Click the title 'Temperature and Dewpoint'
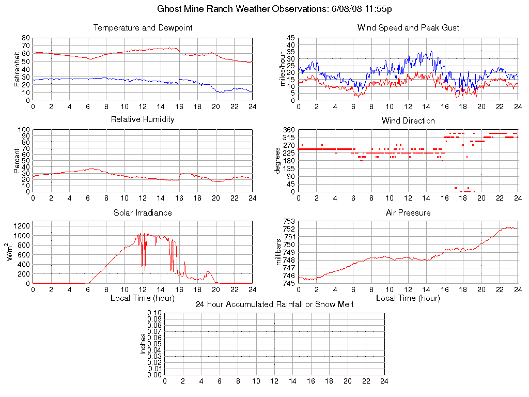[x=143, y=28]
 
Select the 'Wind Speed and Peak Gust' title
[x=408, y=28]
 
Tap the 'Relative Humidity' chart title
[x=143, y=119]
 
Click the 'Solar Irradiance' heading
[x=143, y=213]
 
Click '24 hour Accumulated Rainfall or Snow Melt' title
[x=274, y=304]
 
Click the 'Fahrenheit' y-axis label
[x=17, y=69]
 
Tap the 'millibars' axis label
[x=279, y=253]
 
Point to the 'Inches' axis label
[x=143, y=344]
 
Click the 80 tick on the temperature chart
[x=26, y=38]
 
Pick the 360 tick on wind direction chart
[x=289, y=130]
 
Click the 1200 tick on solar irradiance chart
[x=22, y=226]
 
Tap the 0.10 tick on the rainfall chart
[x=154, y=313]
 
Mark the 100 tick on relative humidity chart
[x=24, y=130]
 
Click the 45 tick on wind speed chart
[x=290, y=38]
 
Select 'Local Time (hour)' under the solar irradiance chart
[x=143, y=298]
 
